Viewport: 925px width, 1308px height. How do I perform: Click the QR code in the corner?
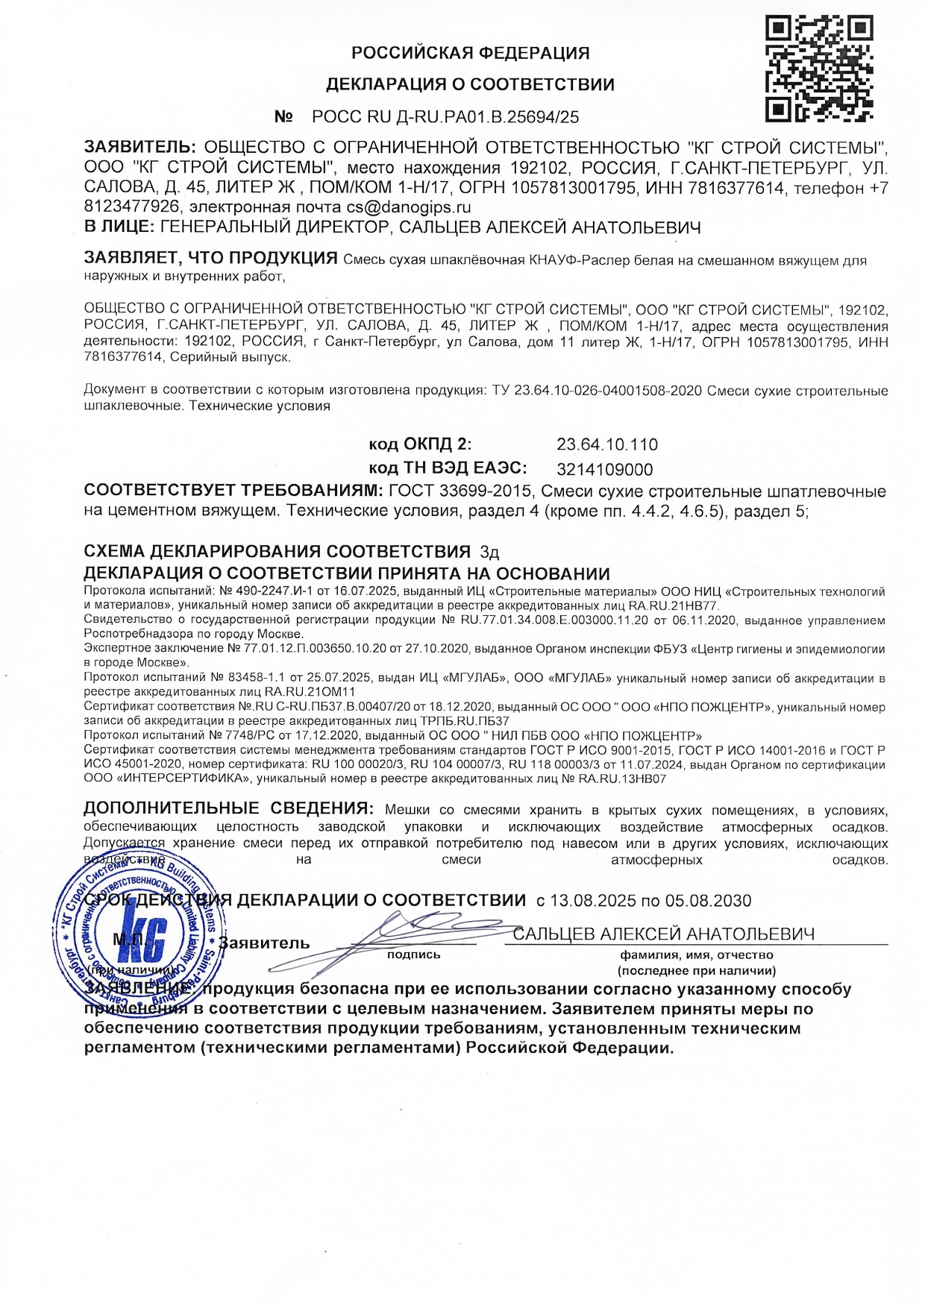coord(819,69)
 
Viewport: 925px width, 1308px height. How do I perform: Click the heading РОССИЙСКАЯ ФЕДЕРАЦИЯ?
coord(470,53)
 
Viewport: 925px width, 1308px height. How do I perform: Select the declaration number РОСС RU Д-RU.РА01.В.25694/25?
coord(445,117)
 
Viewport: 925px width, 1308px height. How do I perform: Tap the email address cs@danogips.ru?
coord(408,207)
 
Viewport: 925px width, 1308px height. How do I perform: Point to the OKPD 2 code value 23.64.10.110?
coord(607,445)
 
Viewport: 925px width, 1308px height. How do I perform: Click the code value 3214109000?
coord(604,470)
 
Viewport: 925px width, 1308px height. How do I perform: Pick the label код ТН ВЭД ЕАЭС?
coord(448,468)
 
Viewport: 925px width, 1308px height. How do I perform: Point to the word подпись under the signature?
coord(413,955)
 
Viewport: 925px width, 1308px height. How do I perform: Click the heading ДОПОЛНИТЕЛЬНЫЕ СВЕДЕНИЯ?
coord(228,808)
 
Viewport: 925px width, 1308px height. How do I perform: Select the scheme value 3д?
coord(489,553)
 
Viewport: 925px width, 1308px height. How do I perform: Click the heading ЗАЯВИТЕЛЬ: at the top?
coord(140,147)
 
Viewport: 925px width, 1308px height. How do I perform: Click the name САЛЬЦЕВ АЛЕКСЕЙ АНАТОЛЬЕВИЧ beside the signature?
coord(663,934)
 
